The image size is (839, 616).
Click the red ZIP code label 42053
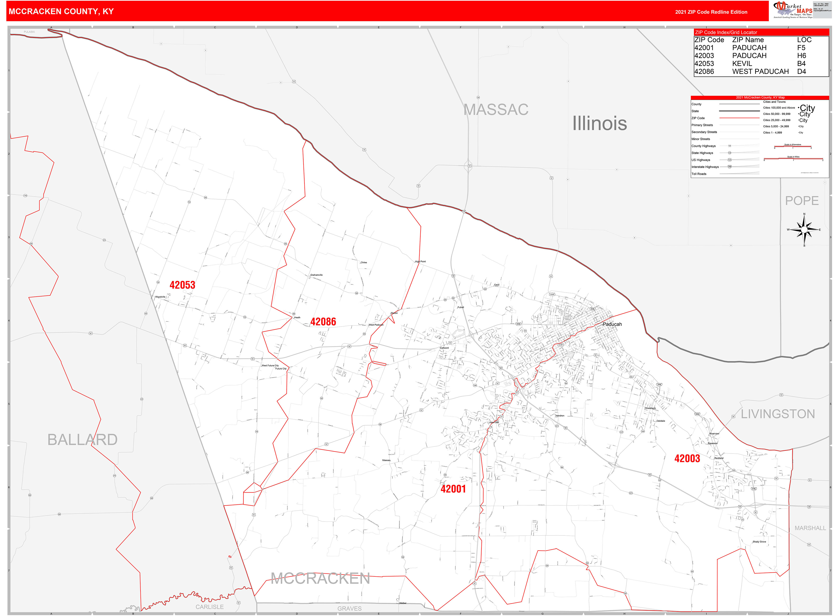point(182,285)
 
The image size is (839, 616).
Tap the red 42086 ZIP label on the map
point(323,322)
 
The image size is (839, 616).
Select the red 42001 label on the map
point(453,489)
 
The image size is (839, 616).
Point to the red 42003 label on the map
point(687,459)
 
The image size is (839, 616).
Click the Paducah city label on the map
point(612,324)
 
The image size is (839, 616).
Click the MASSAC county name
point(496,110)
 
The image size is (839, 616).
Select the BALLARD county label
point(82,440)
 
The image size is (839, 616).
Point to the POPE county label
point(802,201)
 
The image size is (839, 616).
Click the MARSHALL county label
point(810,528)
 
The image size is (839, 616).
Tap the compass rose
point(804,230)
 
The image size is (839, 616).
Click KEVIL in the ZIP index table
point(742,64)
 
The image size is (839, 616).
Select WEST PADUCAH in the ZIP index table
point(760,72)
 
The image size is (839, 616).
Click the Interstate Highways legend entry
point(705,167)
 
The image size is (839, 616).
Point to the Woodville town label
point(160,297)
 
